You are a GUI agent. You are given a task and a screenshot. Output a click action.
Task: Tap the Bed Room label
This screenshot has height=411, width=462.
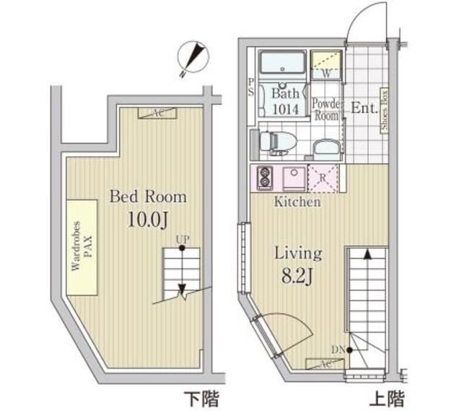(147, 196)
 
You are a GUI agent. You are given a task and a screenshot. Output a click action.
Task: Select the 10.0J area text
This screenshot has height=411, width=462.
(147, 219)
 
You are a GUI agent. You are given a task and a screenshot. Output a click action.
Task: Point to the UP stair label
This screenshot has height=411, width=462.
(183, 242)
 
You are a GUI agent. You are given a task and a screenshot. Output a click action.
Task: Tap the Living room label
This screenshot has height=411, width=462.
(297, 254)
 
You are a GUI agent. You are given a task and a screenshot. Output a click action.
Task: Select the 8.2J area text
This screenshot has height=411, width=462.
(297, 276)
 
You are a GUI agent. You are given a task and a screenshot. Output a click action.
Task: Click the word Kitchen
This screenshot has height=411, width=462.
(297, 202)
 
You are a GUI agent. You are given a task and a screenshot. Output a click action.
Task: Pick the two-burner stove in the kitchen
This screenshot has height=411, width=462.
(263, 177)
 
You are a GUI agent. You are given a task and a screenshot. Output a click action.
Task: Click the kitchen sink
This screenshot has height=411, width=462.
(292, 177)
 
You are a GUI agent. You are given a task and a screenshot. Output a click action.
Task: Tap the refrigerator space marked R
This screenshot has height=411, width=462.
(321, 177)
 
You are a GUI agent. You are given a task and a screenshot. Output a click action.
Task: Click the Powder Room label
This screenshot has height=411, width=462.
(325, 109)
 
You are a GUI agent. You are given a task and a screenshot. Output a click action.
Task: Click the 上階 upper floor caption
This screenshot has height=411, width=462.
(388, 398)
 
